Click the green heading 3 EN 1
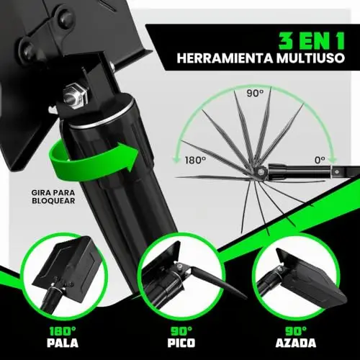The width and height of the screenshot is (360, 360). coord(311,41)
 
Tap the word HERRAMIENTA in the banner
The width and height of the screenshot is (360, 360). coord(225,58)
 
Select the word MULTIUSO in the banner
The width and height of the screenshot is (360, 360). coord(310,58)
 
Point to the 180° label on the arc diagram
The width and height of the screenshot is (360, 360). coord(195,160)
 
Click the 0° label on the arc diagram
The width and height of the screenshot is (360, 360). coord(320,160)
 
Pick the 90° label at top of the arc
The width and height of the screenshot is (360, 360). coord(255,93)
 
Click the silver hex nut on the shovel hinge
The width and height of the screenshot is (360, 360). coord(75,94)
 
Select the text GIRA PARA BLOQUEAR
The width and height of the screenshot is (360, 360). coord(53,197)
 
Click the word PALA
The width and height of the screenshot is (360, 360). coord(63,343)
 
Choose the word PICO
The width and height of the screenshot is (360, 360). coord(181,343)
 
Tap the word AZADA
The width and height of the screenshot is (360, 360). coord(296,343)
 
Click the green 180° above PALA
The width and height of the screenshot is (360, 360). coord(63,331)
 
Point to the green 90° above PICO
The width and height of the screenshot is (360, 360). coord(181,331)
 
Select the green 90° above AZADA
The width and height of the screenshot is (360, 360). coord(296,331)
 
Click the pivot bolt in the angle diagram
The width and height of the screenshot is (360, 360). coord(260,171)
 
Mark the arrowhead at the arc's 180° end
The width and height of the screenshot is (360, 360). coord(177,160)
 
